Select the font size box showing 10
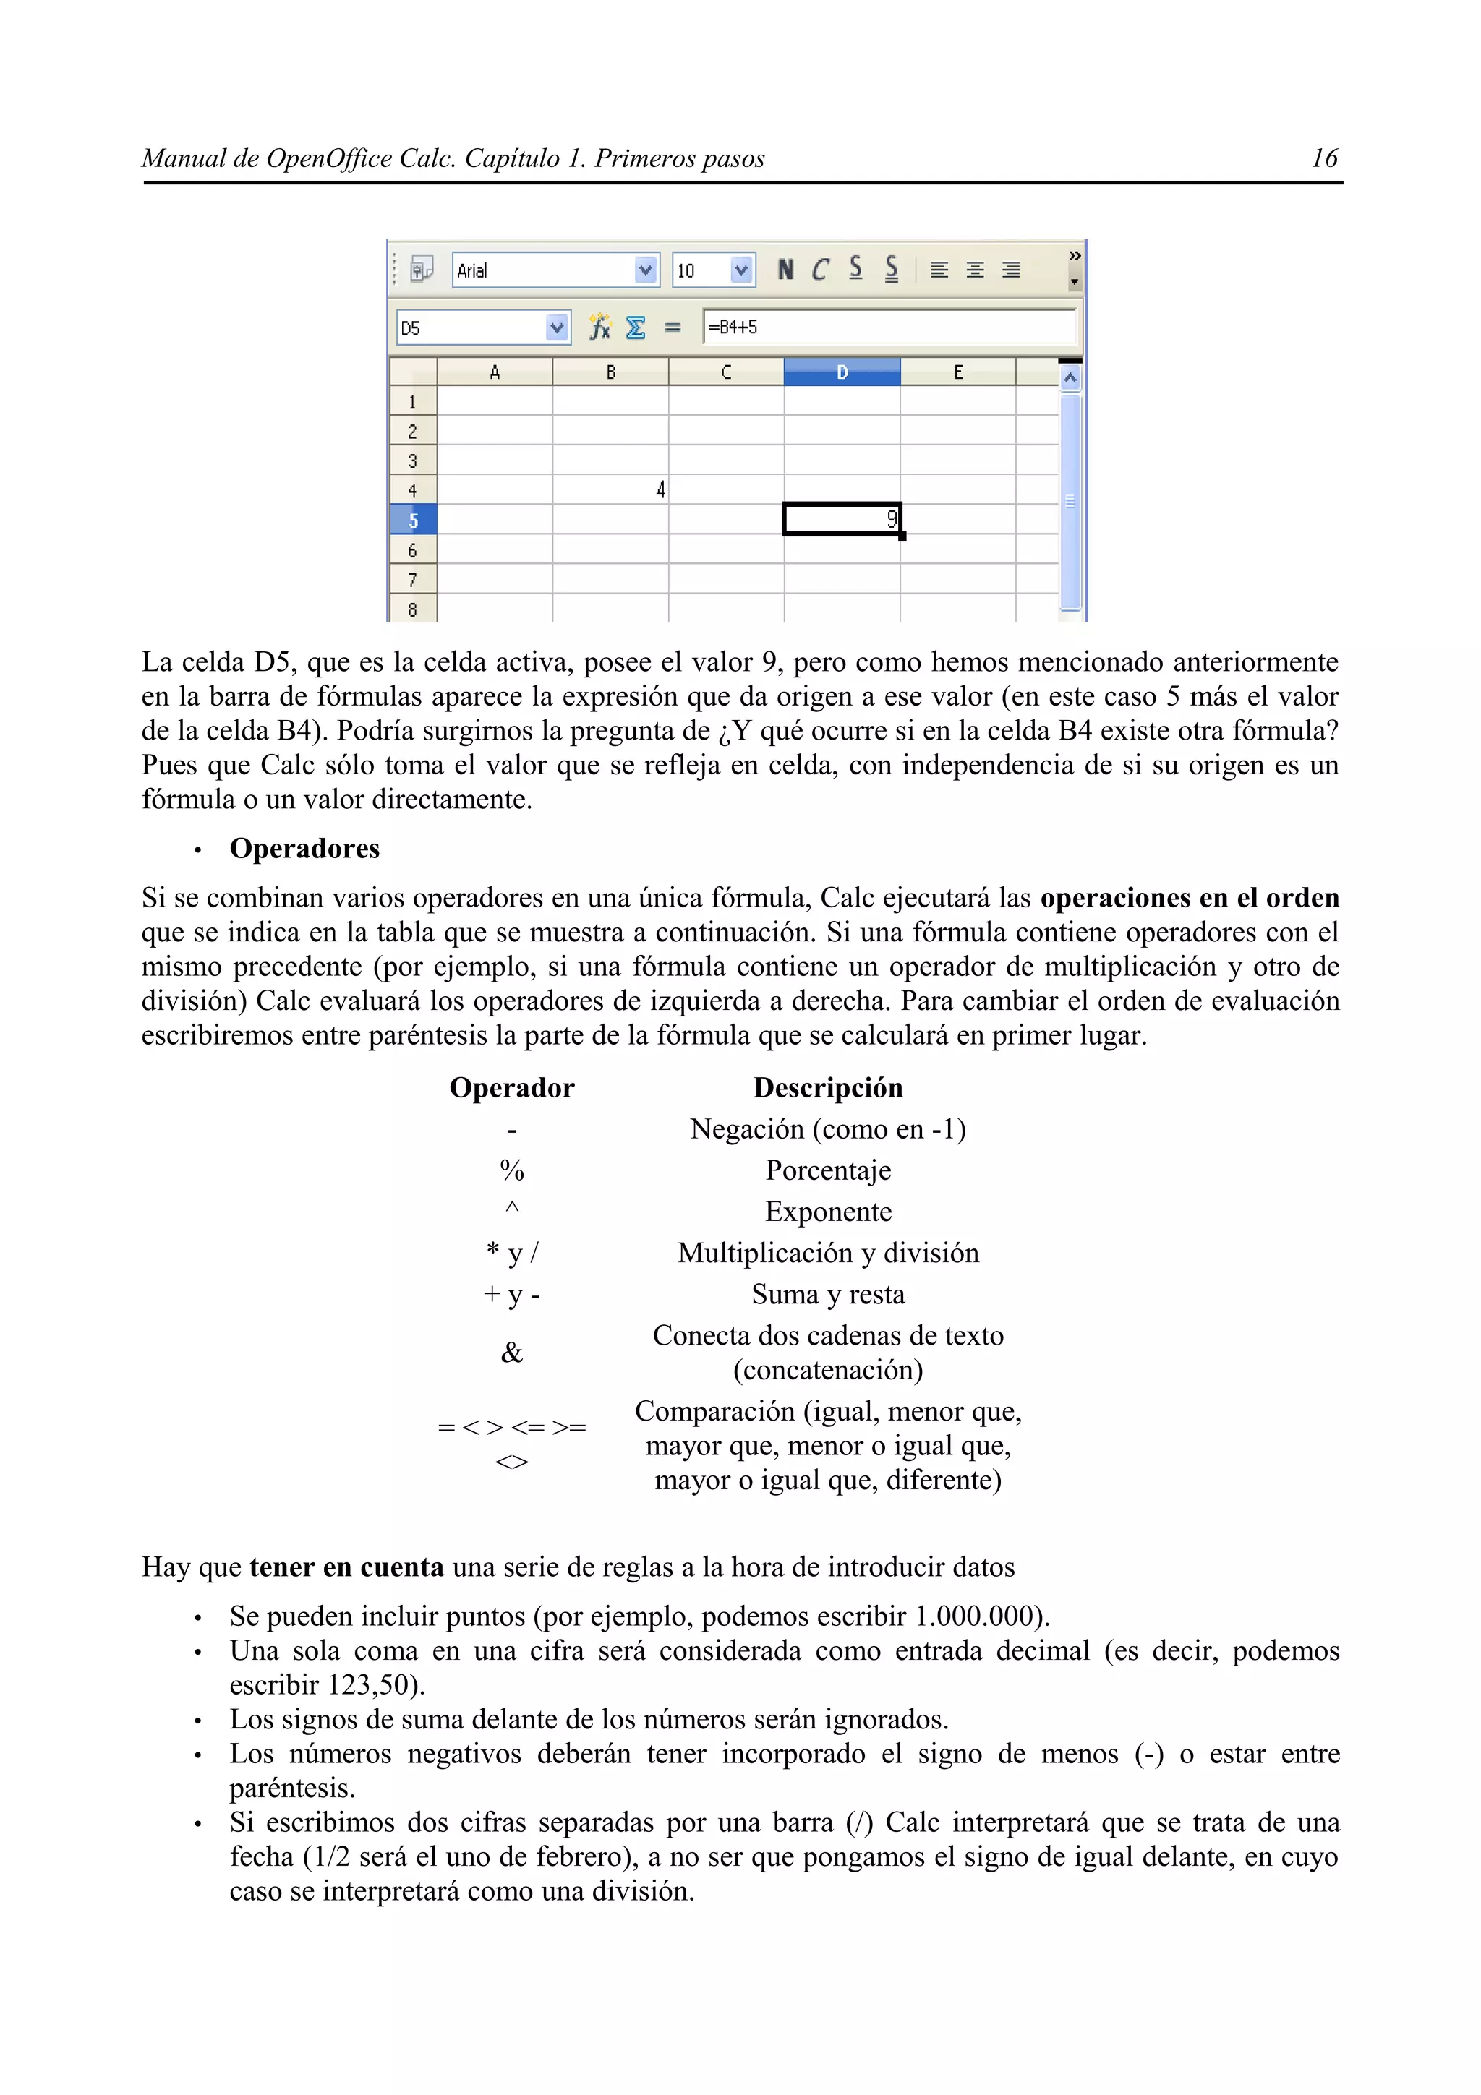click(x=701, y=270)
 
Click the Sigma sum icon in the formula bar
click(x=636, y=327)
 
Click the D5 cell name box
click(x=470, y=327)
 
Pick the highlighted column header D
click(x=841, y=372)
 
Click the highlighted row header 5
click(x=412, y=520)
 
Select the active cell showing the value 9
click(x=841, y=519)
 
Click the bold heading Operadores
click(x=304, y=849)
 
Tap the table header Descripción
click(x=828, y=1088)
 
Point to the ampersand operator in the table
click(x=512, y=1353)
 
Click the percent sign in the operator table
click(x=512, y=1170)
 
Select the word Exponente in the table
click(x=828, y=1212)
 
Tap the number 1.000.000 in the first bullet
click(x=973, y=1617)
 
